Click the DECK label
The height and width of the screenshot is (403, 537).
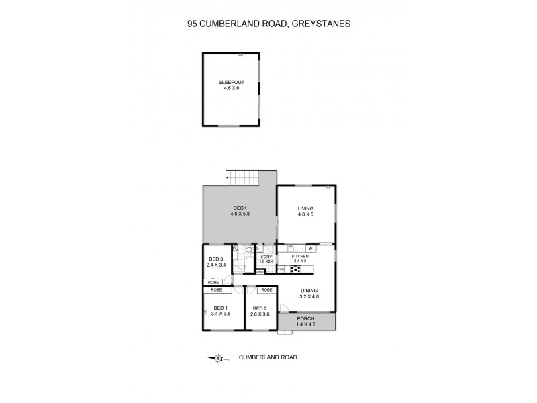pos(241,208)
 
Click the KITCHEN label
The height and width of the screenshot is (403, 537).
pos(299,257)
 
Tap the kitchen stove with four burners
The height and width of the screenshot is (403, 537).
pos(296,269)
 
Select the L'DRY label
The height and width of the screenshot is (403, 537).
pos(267,257)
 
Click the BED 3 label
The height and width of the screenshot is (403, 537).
pos(215,259)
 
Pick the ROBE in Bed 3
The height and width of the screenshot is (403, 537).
pos(213,282)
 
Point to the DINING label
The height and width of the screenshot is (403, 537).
pos(309,290)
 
